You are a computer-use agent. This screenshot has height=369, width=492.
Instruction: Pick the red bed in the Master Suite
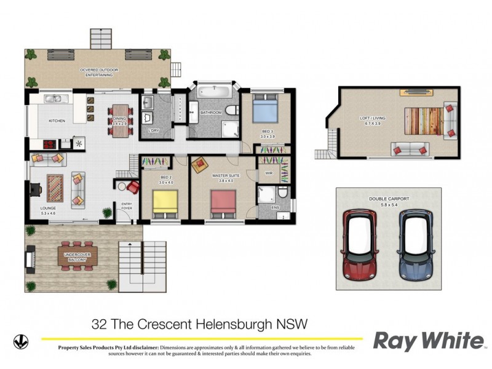click(223, 204)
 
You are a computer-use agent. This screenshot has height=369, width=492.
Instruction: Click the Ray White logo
click(429, 340)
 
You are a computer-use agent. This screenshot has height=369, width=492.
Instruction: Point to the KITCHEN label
click(56, 121)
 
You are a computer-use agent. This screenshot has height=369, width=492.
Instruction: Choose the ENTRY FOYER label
click(127, 206)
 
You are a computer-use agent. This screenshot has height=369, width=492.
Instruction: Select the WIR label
click(268, 173)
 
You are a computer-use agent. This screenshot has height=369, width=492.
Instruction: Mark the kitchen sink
click(53, 98)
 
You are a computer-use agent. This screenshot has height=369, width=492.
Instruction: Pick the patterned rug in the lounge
click(55, 188)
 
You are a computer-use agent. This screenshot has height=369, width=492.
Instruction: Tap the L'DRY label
click(153, 130)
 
